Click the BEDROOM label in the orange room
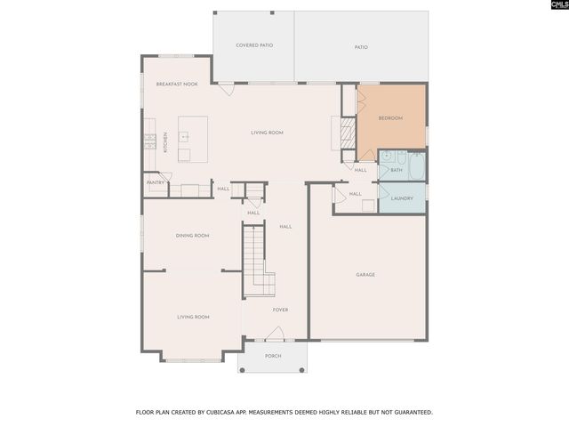390,118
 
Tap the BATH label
396,169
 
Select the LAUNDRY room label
402,198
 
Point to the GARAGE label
365,275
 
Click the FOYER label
280,310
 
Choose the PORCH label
273,356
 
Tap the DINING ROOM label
192,236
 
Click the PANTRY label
156,183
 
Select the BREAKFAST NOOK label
177,84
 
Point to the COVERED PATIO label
253,44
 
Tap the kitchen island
193,139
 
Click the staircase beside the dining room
256,258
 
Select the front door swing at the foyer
275,334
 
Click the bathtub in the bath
415,165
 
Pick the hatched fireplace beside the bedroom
348,133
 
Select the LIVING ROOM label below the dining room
193,317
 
